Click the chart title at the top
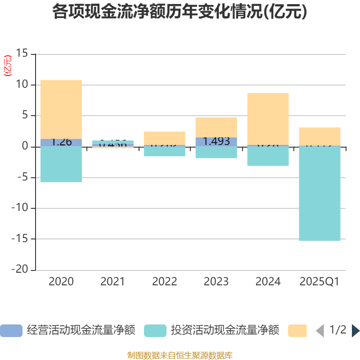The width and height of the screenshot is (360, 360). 180,12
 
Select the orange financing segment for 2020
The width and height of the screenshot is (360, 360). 61,109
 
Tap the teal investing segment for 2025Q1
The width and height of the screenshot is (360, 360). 319,193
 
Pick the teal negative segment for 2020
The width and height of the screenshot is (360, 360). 61,164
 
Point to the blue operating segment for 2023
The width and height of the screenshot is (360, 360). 216,142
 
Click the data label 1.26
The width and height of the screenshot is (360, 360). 61,142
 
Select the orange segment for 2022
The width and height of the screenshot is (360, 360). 164,138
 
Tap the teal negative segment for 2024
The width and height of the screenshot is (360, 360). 268,156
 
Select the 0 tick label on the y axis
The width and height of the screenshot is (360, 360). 25,147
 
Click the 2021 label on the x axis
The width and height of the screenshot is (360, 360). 112,282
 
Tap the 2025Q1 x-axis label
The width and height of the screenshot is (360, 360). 319,282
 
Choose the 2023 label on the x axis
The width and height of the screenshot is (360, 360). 216,282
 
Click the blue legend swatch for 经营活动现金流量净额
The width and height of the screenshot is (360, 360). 11,331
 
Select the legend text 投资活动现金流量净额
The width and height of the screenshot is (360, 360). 225,331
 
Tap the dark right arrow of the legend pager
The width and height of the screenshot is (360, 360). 355,331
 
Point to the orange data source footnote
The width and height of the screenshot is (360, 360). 180,355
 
